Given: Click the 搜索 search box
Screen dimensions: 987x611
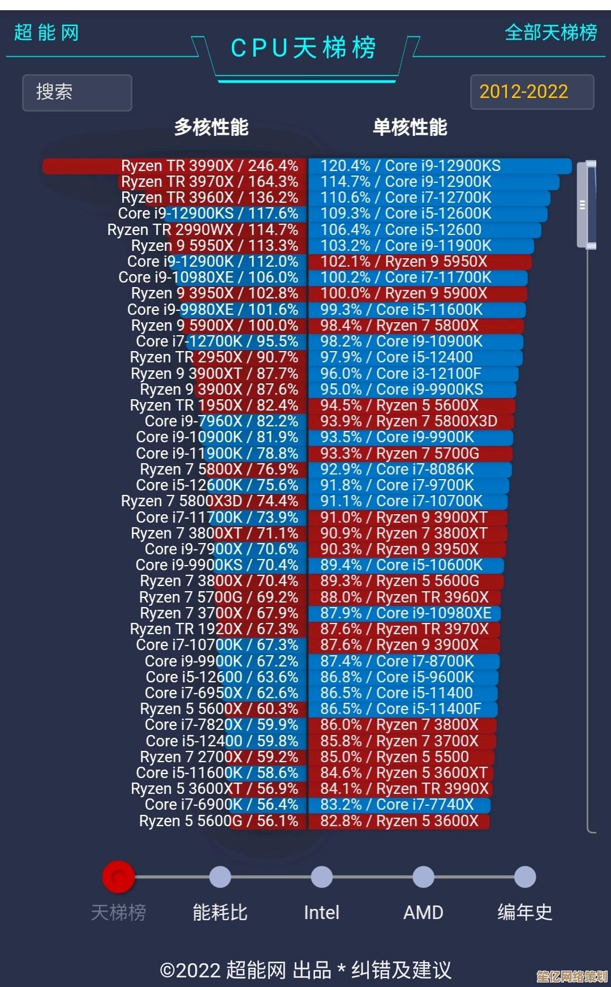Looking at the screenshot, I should [77, 92].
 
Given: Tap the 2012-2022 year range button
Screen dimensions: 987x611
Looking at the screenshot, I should [532, 92].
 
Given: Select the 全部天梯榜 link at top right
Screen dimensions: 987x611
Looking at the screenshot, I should [550, 33].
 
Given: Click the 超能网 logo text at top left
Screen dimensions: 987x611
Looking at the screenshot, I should [46, 33].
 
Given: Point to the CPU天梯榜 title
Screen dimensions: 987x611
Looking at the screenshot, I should [304, 48].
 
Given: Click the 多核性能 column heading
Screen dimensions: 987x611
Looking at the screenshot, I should [211, 127].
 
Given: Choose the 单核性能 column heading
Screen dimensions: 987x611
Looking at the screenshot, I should [410, 127].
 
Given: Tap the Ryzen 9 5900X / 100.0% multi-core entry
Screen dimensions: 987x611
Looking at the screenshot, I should [215, 326].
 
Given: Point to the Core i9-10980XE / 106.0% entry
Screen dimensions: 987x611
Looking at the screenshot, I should [208, 277].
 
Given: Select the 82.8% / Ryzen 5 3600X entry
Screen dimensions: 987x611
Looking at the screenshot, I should [399, 821].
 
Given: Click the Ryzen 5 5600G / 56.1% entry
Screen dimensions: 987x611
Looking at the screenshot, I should [218, 821].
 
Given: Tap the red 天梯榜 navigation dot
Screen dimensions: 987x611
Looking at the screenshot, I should [118, 877].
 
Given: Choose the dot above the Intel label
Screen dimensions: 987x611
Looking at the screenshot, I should [321, 877].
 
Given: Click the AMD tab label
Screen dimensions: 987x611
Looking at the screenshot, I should [423, 912].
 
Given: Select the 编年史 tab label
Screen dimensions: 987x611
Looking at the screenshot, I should [524, 912].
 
